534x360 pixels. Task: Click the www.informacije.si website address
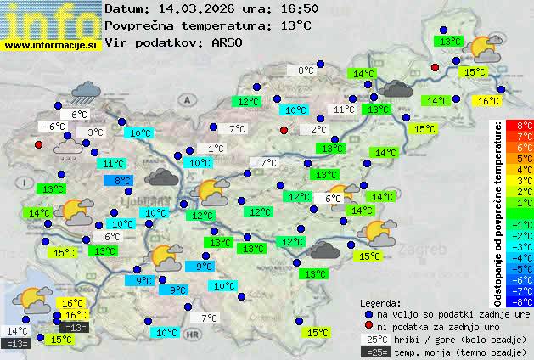coord(51,46)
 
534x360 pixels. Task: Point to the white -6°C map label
coord(53,127)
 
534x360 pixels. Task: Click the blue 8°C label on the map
coord(119,180)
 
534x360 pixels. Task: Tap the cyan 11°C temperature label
coord(111,164)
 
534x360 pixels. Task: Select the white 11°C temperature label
coord(344,110)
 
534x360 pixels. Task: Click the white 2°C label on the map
coord(318,130)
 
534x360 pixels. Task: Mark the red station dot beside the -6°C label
coord(38,144)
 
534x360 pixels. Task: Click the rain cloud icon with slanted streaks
coord(86,90)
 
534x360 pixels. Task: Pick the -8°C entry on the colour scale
coord(525,301)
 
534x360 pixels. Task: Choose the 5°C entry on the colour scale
coord(525,159)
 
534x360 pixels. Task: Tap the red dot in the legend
coord(368,326)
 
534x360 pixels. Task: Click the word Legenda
coord(380,303)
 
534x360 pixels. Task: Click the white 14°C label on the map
coord(17,331)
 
